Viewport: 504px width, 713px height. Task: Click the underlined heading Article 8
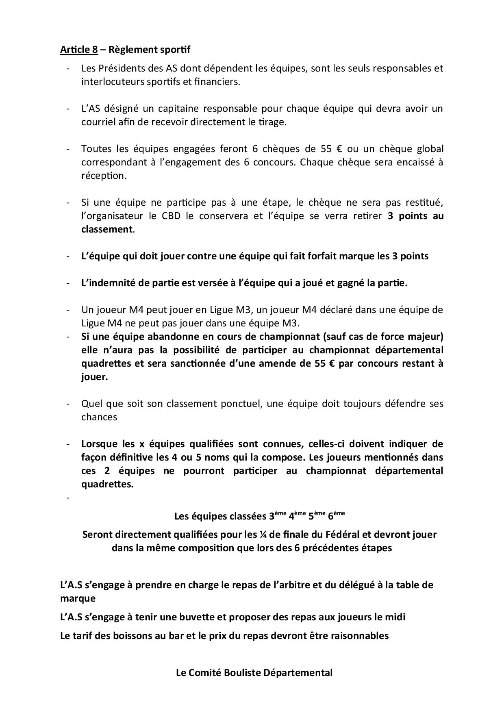[x=79, y=50]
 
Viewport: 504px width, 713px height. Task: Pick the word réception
[x=104, y=176]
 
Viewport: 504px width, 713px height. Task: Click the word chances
[x=99, y=417]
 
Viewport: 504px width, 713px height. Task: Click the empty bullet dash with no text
[x=68, y=498]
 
